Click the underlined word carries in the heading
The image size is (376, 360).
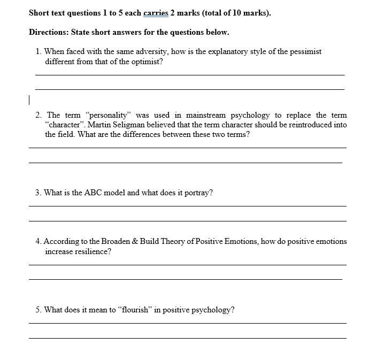pyautogui.click(x=156, y=13)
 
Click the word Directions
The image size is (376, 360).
pyautogui.click(x=49, y=33)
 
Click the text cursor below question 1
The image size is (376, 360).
pyautogui.click(x=29, y=100)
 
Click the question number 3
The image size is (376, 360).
pyautogui.click(x=39, y=193)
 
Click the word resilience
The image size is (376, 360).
pyautogui.click(x=90, y=251)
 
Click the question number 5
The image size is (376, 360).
pyautogui.click(x=39, y=310)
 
